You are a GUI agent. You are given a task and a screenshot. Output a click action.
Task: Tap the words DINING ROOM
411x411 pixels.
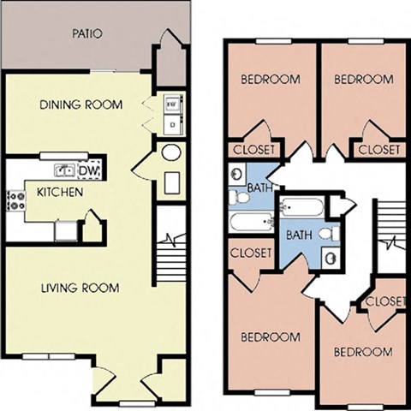pos(81,104)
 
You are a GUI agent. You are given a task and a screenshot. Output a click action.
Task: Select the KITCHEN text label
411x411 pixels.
pos(59,192)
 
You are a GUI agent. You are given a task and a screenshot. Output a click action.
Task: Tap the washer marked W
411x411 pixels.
pos(172,103)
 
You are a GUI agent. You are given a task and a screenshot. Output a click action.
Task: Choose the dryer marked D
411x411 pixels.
pos(172,124)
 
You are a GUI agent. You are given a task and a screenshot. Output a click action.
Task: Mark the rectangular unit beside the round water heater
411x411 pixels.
pos(172,182)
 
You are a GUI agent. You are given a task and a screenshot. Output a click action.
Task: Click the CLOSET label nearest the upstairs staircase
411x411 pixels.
pos(384,301)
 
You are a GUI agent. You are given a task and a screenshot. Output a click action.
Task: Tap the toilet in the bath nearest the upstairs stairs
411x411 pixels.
pos(326,234)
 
